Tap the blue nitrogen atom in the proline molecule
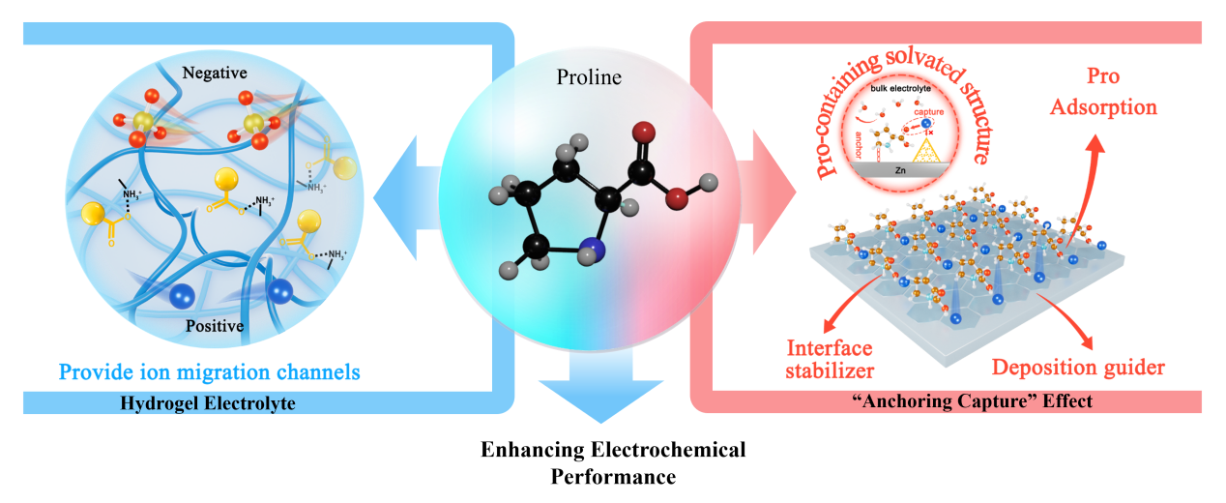592,253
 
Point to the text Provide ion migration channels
210,370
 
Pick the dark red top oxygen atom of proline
645,133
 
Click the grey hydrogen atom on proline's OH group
708,181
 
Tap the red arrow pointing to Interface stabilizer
842,309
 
